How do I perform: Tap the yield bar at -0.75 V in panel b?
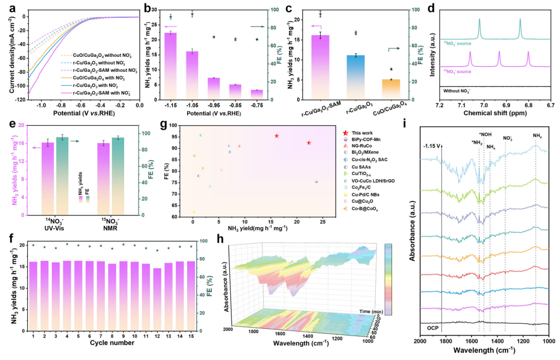pyautogui.click(x=256, y=95)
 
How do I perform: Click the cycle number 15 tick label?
pyautogui.click(x=191, y=336)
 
